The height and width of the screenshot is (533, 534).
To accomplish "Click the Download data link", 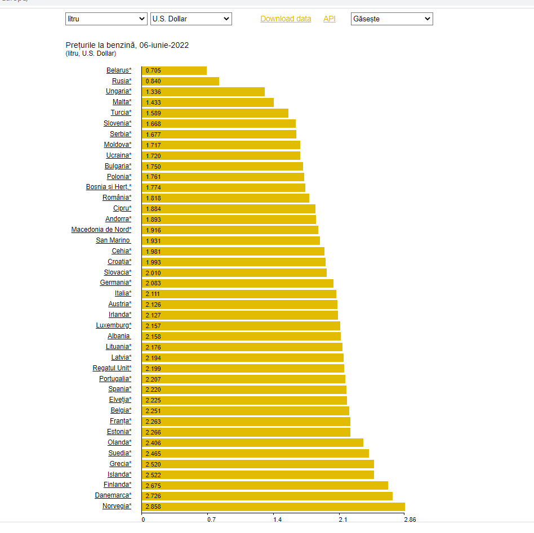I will point(286,19).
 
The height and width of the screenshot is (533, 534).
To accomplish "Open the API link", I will point(329,19).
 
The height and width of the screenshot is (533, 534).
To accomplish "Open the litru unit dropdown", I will point(106,19).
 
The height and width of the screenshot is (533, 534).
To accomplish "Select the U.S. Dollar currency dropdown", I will point(191,19).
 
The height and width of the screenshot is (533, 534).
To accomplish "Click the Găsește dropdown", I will point(391,19).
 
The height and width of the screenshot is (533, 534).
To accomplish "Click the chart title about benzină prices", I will point(127,45).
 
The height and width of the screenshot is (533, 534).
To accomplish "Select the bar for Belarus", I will point(174,70).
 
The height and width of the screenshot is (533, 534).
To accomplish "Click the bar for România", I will point(225,198).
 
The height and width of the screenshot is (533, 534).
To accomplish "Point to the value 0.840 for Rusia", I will point(153,81).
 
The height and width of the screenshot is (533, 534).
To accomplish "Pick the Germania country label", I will point(115,283).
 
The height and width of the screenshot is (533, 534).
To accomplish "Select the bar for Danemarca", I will point(267,496).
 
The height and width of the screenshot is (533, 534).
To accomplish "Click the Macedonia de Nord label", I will point(101,230).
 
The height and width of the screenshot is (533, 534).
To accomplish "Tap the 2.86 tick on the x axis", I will point(410,519).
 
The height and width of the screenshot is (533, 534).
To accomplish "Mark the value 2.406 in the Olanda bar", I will point(153,443).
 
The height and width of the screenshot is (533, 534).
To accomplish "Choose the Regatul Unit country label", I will point(112,368).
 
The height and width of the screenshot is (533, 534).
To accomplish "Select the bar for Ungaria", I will point(203,92).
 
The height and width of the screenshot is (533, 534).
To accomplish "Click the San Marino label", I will point(113,240).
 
